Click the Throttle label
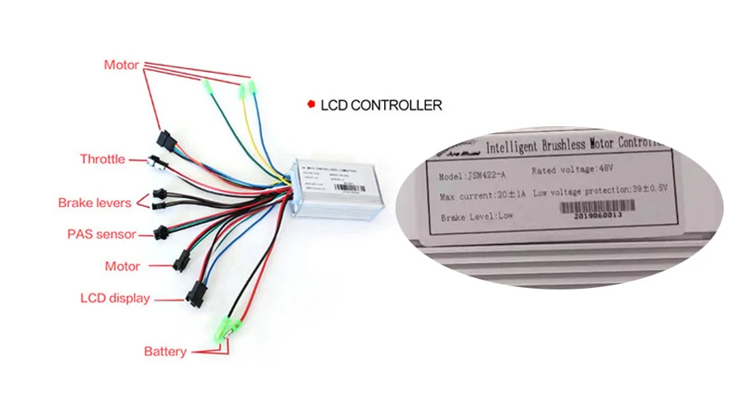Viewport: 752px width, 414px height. click(102, 159)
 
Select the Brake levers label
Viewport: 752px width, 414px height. click(95, 203)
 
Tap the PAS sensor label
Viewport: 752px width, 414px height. click(101, 234)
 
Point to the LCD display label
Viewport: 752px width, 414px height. click(115, 298)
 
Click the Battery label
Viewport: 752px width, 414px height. click(165, 352)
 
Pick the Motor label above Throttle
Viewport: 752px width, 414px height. click(121, 65)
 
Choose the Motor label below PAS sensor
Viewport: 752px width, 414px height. click(122, 266)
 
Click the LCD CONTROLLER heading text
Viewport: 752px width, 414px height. click(381, 105)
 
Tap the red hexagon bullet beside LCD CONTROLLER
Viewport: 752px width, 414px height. click(310, 104)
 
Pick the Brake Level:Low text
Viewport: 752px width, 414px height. click(476, 218)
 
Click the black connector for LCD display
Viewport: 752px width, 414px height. click(195, 292)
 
